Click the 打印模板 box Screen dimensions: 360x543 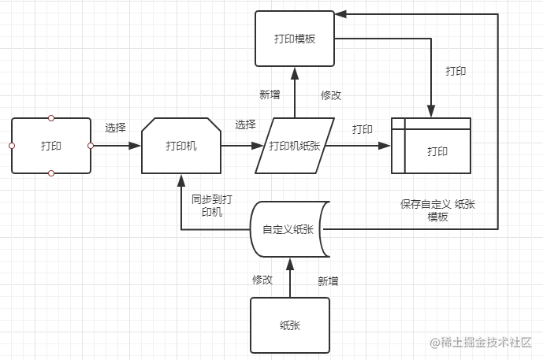coord(294,38)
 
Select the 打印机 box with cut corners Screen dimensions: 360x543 coord(181,146)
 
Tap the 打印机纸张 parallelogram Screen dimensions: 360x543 coord(295,146)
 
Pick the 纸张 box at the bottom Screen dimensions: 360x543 coord(289,325)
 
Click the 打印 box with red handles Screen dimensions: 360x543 coord(51,146)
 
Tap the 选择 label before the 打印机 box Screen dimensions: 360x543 coord(115,127)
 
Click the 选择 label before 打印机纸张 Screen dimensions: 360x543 coord(245,124)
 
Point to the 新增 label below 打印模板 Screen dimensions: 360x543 coord(270,95)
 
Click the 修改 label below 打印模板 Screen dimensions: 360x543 coord(331,95)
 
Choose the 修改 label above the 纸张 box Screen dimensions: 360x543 coord(262,280)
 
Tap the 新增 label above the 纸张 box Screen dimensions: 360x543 coord(328,280)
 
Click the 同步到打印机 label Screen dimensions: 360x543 coord(211,206)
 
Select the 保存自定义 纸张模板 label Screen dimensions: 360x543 coord(437,210)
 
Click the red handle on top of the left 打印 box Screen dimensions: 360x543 coord(51,118)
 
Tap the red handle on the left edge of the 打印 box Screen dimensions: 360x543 coord(12,146)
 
